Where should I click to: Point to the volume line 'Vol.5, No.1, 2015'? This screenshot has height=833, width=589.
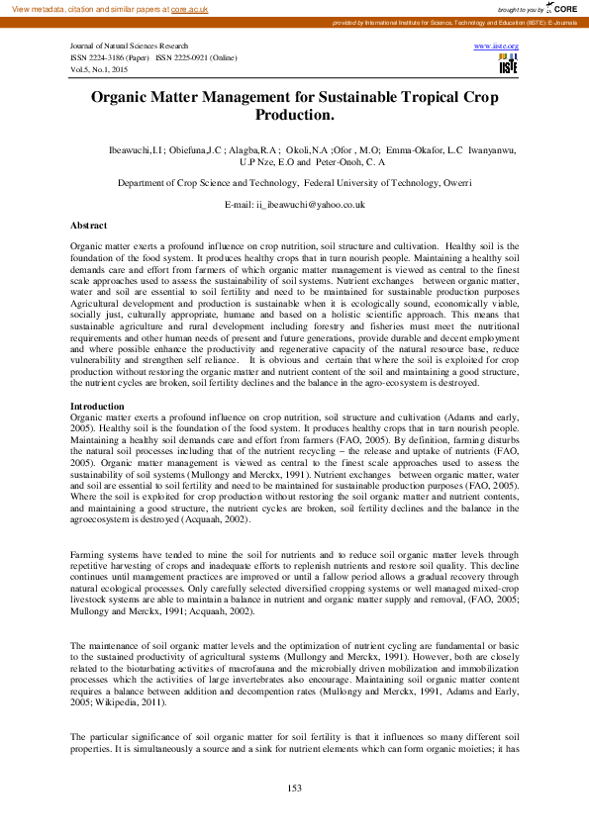click(x=99, y=70)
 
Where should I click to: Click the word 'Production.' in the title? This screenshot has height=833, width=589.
click(x=294, y=116)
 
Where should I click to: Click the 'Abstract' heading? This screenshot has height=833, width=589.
click(x=89, y=226)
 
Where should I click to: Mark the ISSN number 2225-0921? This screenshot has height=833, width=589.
click(x=199, y=58)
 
